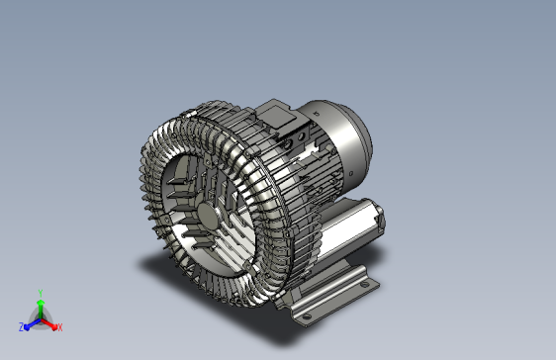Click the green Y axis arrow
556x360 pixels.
[41, 309]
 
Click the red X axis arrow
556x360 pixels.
[48, 323]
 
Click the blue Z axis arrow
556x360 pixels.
[32, 324]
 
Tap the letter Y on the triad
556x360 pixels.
[41, 293]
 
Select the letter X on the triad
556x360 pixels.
[60, 327]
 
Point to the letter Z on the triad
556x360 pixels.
[21, 327]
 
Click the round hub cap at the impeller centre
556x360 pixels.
[208, 215]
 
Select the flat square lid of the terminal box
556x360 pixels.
[278, 115]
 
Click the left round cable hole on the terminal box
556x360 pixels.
[288, 143]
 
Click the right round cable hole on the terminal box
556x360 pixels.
[301, 136]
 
